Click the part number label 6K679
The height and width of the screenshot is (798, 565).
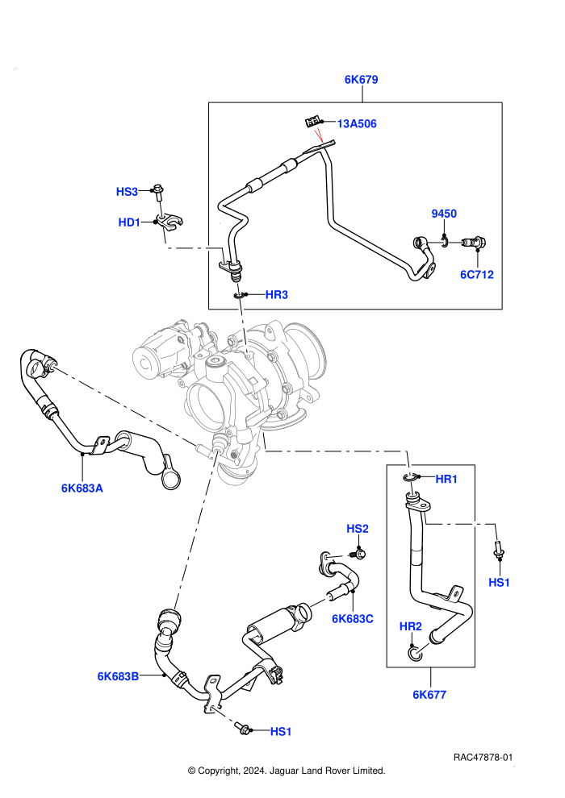[x=362, y=79]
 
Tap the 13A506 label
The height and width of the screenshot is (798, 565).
[x=357, y=123]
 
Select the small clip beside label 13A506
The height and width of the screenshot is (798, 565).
[x=312, y=123]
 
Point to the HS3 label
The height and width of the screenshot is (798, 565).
[x=127, y=192]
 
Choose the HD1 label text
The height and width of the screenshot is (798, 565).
[x=129, y=222]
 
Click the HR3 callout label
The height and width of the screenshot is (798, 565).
[x=277, y=295]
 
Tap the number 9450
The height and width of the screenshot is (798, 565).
[x=444, y=214]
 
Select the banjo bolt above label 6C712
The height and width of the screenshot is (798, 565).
[x=475, y=243]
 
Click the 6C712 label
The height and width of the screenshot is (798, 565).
[x=477, y=275]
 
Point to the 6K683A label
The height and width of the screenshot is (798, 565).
[x=82, y=488]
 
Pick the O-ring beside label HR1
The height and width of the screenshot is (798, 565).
[x=409, y=477]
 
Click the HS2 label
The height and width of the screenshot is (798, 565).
[x=357, y=529]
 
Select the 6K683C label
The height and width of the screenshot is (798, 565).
[x=353, y=619]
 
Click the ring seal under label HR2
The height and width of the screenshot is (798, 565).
[x=415, y=652]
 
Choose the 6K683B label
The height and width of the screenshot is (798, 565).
[x=118, y=676]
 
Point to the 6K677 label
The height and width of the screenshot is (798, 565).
[x=429, y=695]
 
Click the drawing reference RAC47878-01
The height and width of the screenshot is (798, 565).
[x=483, y=757]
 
